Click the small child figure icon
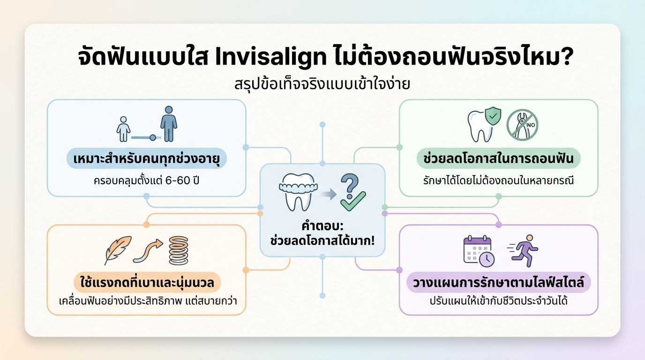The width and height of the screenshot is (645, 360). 123,129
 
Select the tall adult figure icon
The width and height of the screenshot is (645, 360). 168,124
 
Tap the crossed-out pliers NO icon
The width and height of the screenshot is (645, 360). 522,125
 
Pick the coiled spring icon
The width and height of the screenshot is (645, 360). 178,250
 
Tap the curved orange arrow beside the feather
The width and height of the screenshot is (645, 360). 147,250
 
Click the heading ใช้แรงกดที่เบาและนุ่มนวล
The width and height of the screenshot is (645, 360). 147,283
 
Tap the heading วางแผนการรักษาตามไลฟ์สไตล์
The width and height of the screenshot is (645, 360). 498,283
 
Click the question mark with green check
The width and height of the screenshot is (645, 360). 352,192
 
